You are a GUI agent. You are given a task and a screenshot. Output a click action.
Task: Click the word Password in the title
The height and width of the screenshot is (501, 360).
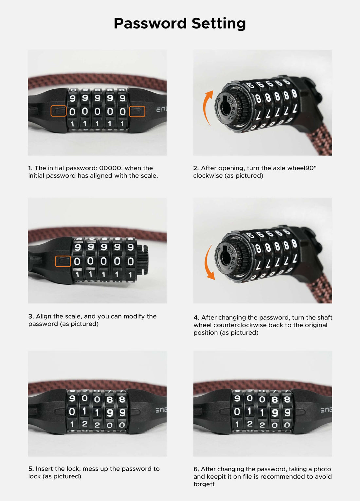(x=150, y=24)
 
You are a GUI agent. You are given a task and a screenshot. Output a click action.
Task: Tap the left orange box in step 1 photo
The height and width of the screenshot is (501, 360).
(x=59, y=111)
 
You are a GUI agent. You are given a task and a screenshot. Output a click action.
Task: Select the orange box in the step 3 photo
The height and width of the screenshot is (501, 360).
(x=63, y=261)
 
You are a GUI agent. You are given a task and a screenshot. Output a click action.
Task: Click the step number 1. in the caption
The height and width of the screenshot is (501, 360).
(x=30, y=168)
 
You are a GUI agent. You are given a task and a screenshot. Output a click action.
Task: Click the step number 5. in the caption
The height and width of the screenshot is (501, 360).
(x=31, y=469)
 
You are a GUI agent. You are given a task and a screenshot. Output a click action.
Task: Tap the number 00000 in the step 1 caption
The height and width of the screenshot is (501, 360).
(x=110, y=168)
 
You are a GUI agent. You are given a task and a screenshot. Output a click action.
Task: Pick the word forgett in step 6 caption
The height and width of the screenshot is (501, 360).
(x=204, y=484)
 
